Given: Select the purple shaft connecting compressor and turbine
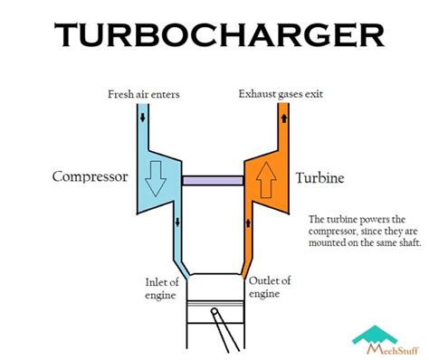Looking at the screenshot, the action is (x=214, y=180).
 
